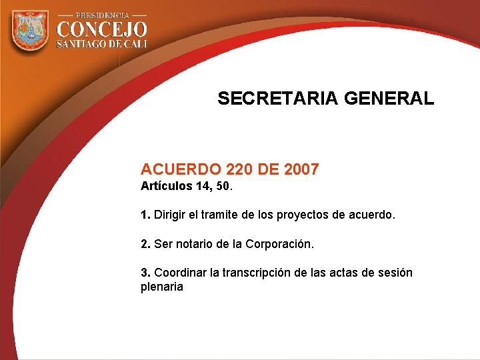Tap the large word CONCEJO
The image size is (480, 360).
coord(101,29)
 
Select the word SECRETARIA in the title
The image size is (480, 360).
coord(279,99)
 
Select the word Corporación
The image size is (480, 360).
coord(279,244)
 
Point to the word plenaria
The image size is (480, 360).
coord(161,287)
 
